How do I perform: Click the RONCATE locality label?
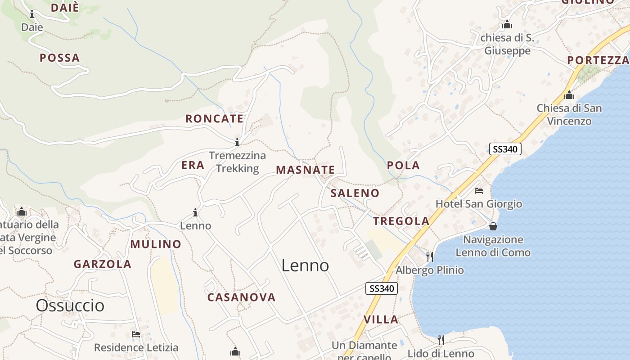[x=214, y=119]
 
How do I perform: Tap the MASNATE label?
[x=305, y=170]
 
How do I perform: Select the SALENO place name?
[x=355, y=193]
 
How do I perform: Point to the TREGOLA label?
[x=401, y=221]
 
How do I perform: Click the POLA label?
[x=403, y=166]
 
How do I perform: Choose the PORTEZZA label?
[x=598, y=60]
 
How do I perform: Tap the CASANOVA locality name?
[x=241, y=297]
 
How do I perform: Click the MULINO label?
[x=156, y=244]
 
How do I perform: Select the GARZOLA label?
[x=103, y=264]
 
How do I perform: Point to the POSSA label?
[x=59, y=58]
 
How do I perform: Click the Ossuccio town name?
[x=70, y=306]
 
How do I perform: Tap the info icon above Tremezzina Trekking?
[x=237, y=143]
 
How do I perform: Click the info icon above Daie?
[x=32, y=14]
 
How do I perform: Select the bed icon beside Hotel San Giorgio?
[x=478, y=191]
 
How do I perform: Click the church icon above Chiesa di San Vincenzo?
[x=569, y=95]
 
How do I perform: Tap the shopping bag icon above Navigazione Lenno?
[x=493, y=226]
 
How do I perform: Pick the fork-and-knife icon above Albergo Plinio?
[x=430, y=257]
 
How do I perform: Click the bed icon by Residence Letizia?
[x=136, y=334]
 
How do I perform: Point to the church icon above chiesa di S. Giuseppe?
[x=507, y=25]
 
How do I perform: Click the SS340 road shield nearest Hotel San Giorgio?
[x=505, y=149]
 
